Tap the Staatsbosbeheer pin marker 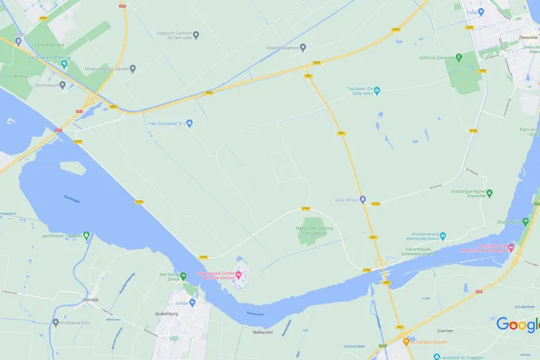click(x=303, y=47)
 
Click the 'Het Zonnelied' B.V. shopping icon click(x=190, y=123)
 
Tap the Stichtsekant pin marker click(x=63, y=85)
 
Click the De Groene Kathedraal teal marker click(x=64, y=63)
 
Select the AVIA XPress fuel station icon click(x=363, y=200)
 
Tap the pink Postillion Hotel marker click(x=511, y=247)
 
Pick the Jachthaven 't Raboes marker click(x=86, y=235)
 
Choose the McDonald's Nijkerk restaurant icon click(x=406, y=341)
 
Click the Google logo click(x=517, y=324)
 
